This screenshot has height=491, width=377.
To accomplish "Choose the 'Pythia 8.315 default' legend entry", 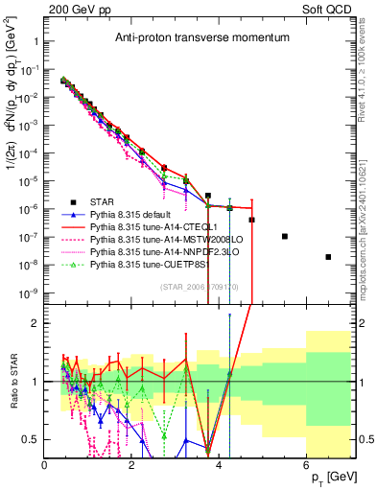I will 139,215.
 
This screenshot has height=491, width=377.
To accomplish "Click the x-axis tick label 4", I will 220,465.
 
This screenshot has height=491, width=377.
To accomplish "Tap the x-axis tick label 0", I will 45,465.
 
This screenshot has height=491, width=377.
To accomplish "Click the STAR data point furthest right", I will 328,257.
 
